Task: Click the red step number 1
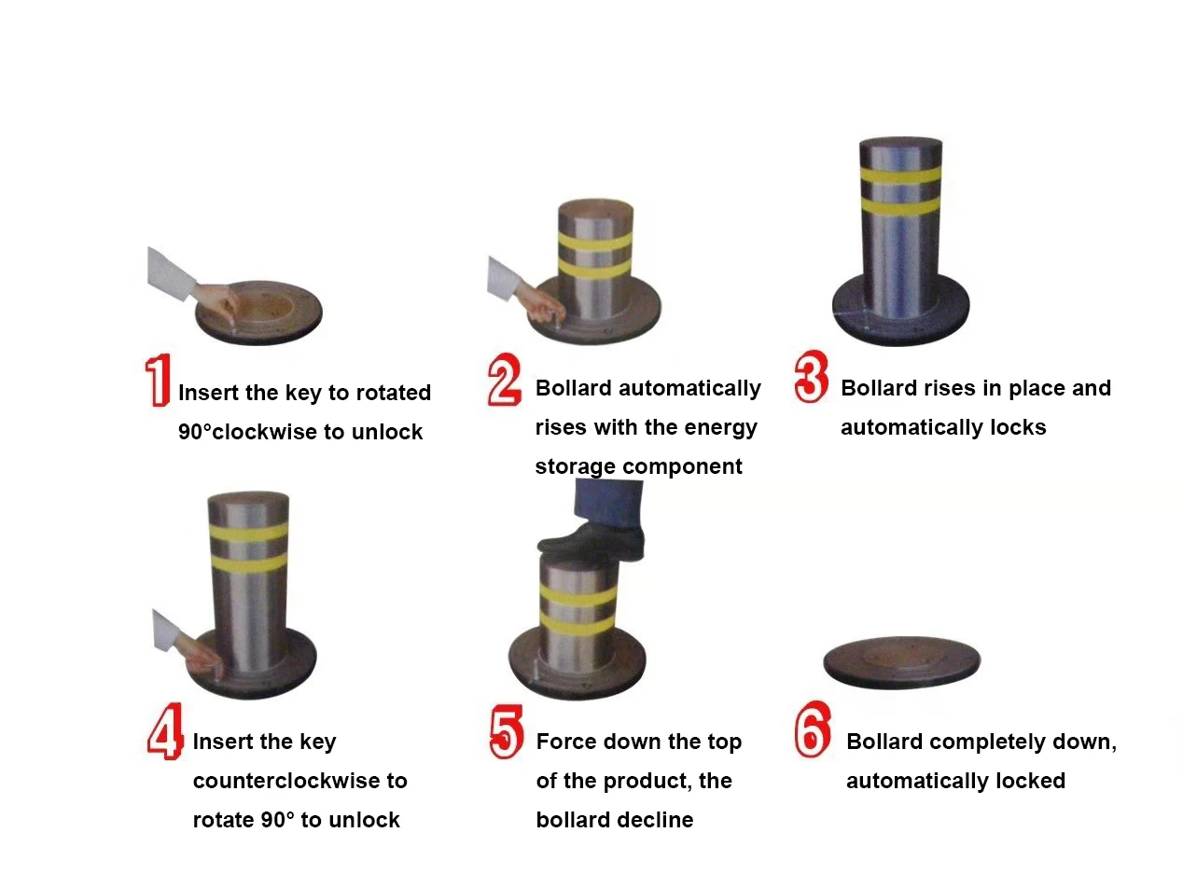(159, 380)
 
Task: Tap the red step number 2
(504, 380)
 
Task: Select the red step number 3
(811, 376)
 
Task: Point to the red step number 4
(165, 731)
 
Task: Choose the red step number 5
(506, 731)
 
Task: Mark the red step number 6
(813, 729)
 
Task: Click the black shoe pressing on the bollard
(591, 542)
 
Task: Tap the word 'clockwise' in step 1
(265, 432)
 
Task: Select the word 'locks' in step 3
(1018, 427)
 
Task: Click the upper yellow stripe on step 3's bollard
(900, 175)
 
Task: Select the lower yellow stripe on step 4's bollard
(248, 563)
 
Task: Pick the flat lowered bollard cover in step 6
(901, 663)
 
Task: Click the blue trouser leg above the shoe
(608, 505)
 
